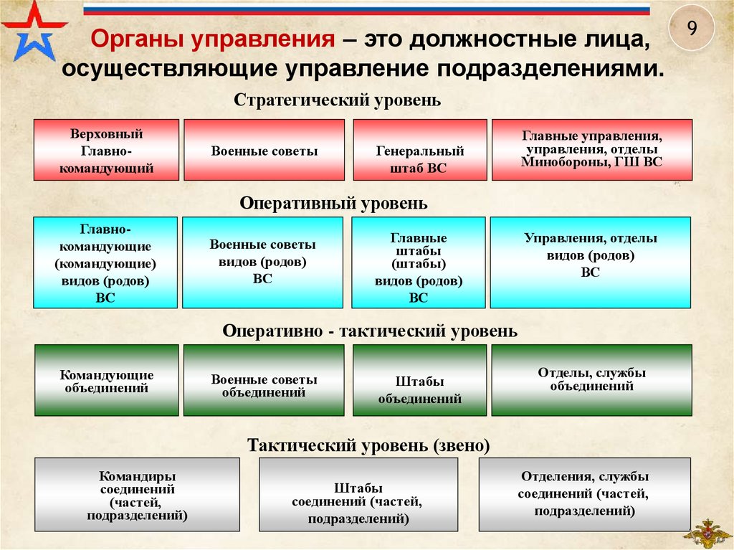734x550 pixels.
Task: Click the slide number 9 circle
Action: (692, 29)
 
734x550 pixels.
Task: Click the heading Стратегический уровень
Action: (338, 100)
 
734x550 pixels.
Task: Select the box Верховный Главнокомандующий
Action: (106, 151)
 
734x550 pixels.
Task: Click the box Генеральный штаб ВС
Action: (419, 151)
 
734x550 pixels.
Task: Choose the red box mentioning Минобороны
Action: (591, 149)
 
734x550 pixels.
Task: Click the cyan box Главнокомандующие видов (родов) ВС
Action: (105, 262)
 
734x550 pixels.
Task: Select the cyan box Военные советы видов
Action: (262, 262)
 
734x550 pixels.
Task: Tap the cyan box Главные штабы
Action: (419, 262)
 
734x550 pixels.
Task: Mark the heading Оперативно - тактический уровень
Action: (370, 331)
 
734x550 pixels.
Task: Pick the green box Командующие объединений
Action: (106, 380)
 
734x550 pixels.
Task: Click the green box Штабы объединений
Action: (419, 380)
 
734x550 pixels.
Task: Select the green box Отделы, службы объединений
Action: (591, 380)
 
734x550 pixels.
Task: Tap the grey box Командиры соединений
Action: (137, 495)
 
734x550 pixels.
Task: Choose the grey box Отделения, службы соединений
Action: (584, 495)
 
